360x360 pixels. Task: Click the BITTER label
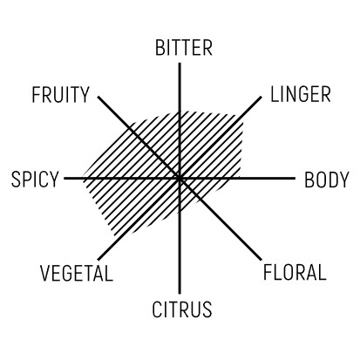pyautogui.click(x=184, y=48)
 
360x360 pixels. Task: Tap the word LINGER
pyautogui.click(x=301, y=94)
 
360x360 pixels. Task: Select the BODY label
pyautogui.click(x=326, y=180)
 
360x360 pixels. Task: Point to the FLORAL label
pyautogui.click(x=295, y=272)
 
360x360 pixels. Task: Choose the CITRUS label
pyautogui.click(x=182, y=309)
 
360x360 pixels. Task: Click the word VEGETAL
pyautogui.click(x=77, y=274)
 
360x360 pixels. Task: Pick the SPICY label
pyautogui.click(x=35, y=180)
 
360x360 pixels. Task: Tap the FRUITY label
pyautogui.click(x=60, y=95)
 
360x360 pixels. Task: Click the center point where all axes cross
pyautogui.click(x=180, y=179)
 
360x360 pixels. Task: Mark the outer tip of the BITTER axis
pyautogui.click(x=180, y=63)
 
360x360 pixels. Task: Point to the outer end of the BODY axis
pyautogui.click(x=295, y=179)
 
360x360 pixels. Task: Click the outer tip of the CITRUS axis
pyautogui.click(x=180, y=294)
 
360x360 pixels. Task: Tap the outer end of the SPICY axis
pyautogui.click(x=65, y=179)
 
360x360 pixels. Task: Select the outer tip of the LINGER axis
pyautogui.click(x=261, y=97)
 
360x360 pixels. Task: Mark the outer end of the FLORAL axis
pyautogui.click(x=261, y=260)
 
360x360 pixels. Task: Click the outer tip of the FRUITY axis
pyautogui.click(x=98, y=97)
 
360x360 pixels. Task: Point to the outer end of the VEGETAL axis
pyautogui.click(x=98, y=260)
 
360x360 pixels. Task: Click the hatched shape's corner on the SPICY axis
pyautogui.click(x=84, y=179)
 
